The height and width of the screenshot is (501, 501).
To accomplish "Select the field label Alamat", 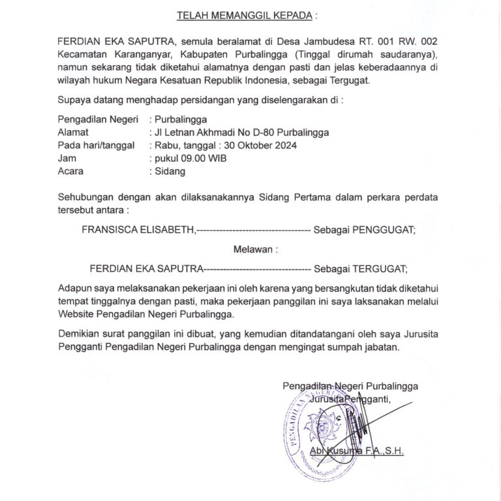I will coord(73,132).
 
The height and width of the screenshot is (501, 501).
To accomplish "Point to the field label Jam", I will coord(67,159).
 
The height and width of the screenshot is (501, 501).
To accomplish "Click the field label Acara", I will coord(70,172).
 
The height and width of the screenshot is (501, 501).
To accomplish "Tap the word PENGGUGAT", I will coord(380,230).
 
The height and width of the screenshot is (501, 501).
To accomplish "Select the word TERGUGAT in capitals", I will coord(378,267).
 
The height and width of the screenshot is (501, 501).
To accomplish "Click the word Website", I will coord(76,314).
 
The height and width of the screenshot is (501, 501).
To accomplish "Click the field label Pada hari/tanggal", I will coord(96,145).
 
